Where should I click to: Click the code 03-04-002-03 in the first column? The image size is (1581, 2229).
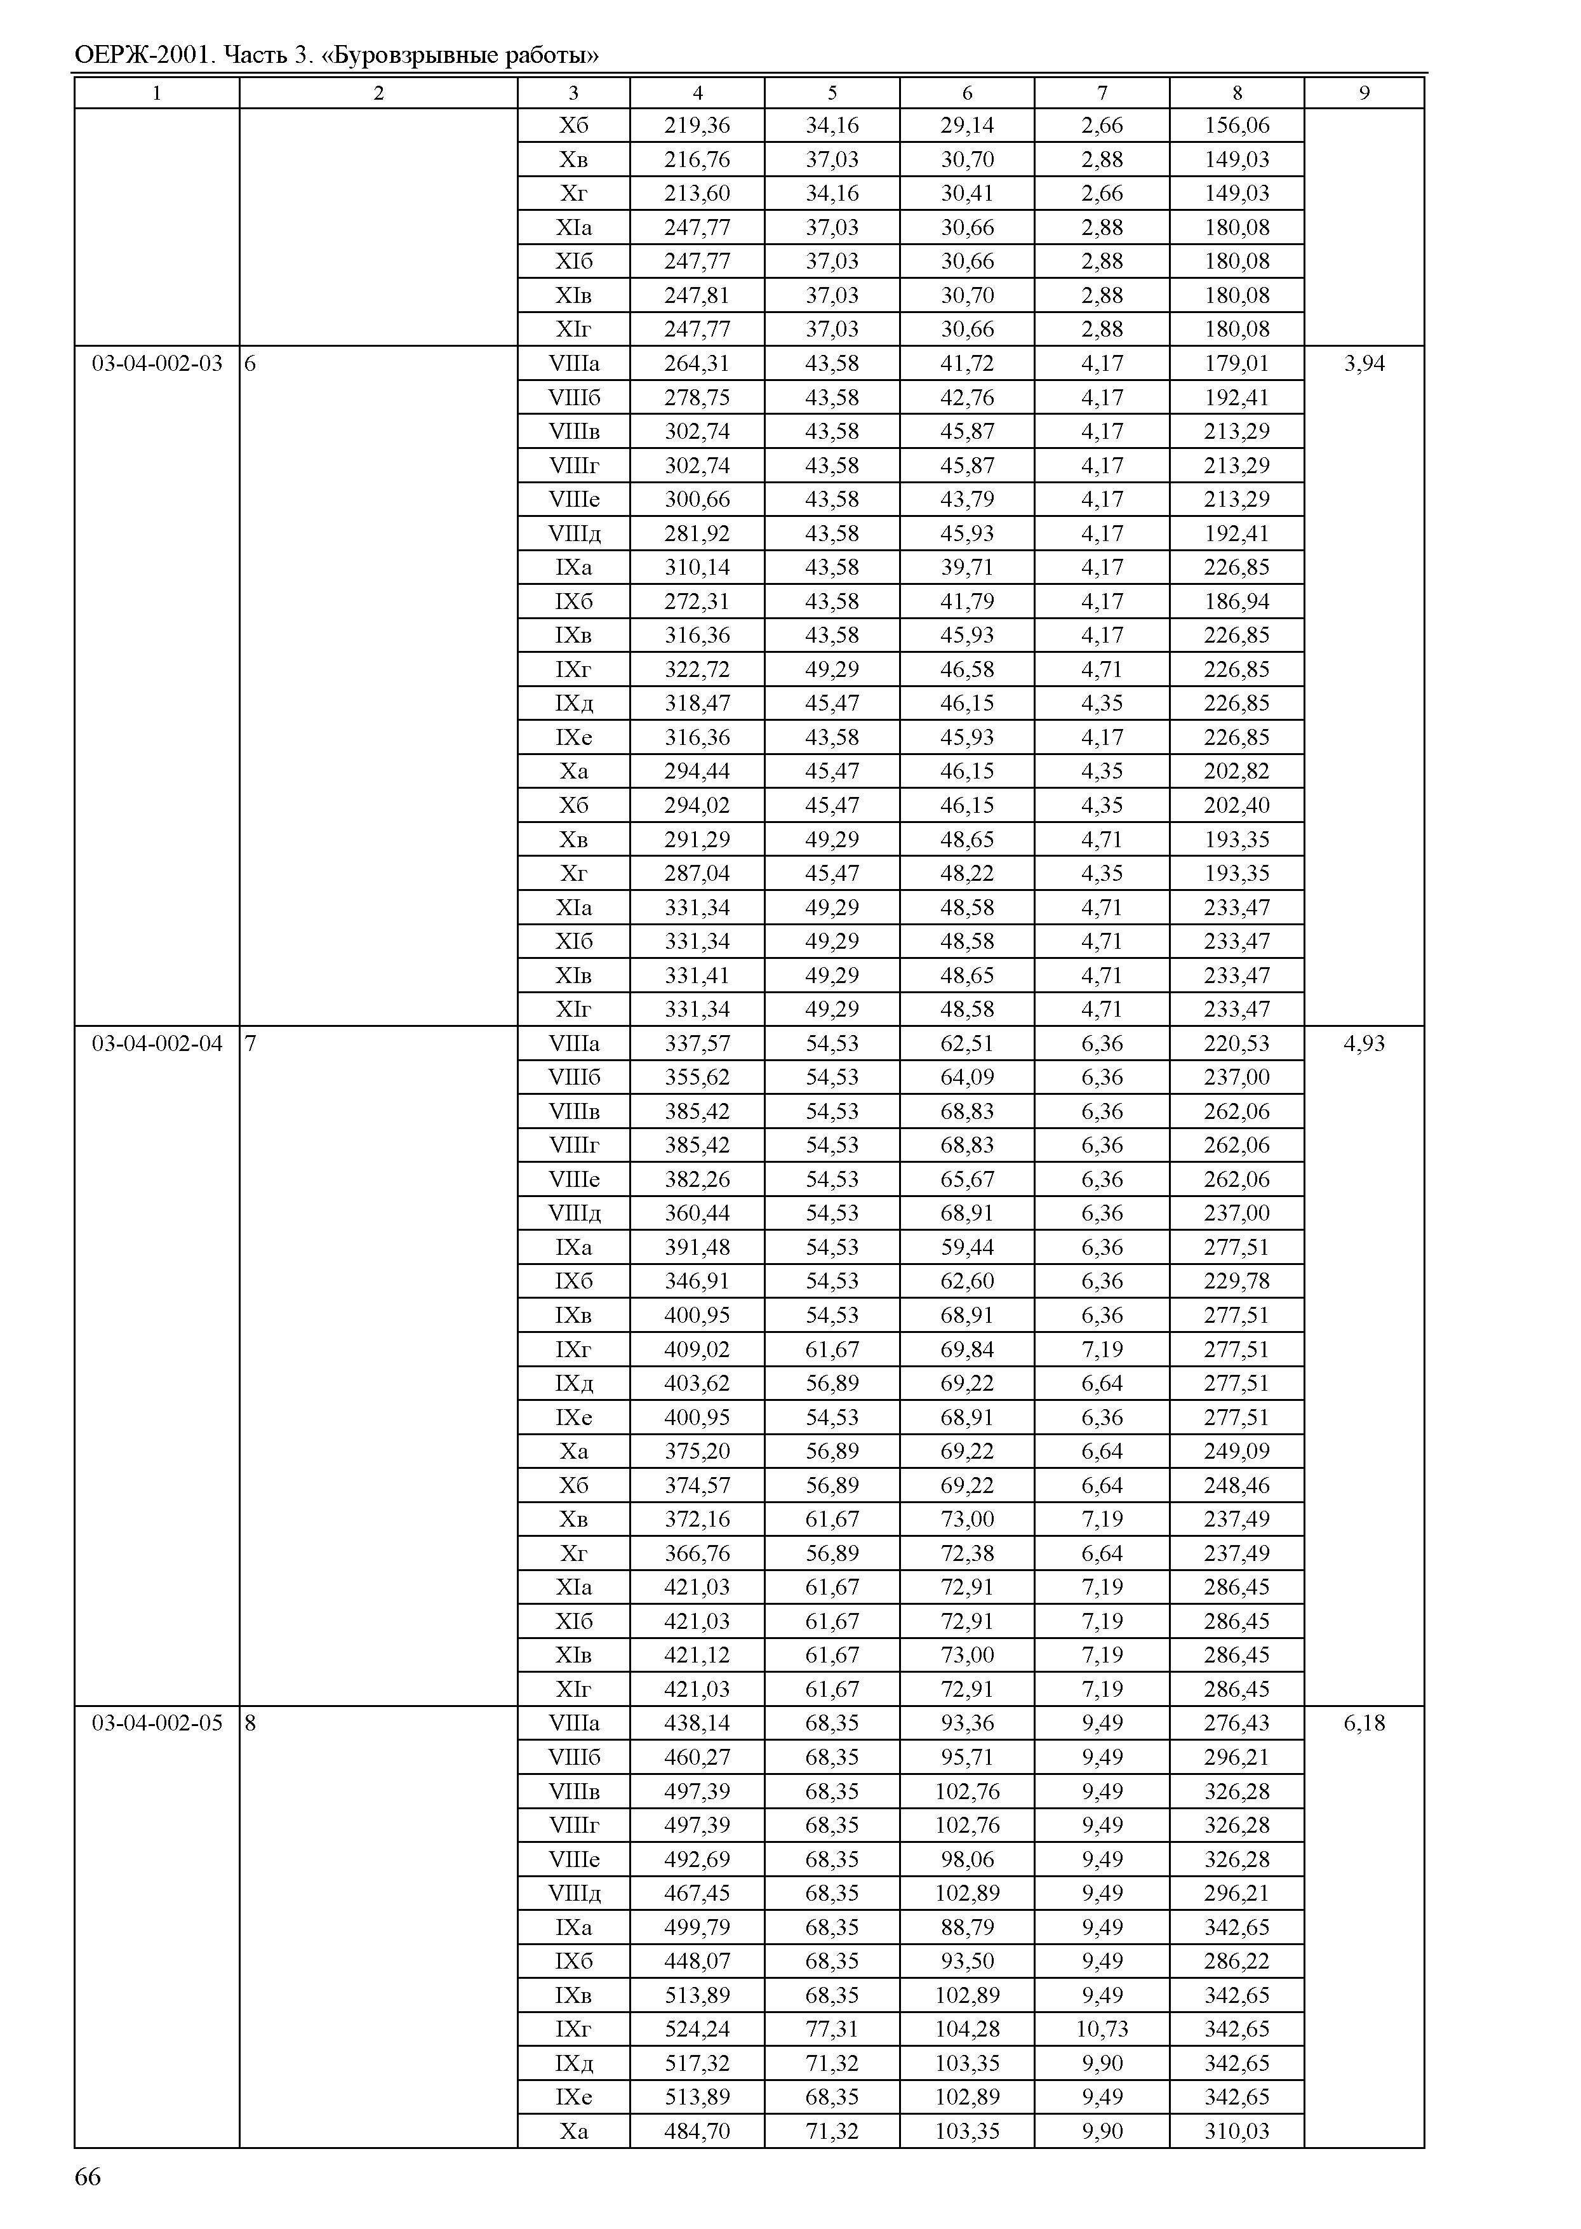[157, 363]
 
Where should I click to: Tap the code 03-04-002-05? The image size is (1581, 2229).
[157, 1723]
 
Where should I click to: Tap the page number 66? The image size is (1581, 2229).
[88, 2176]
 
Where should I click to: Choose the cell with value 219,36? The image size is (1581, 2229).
[697, 126]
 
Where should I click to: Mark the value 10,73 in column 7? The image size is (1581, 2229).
[1102, 2028]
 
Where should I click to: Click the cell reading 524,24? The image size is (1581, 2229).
[697, 2028]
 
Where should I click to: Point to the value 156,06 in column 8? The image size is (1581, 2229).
[1236, 126]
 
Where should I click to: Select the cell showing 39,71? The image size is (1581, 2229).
[967, 568]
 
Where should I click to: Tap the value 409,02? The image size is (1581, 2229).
[697, 1349]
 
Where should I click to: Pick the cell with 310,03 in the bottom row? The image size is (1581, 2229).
[1236, 2131]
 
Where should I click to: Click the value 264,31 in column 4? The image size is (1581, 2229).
[697, 363]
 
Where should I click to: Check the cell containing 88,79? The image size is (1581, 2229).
[967, 1927]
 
